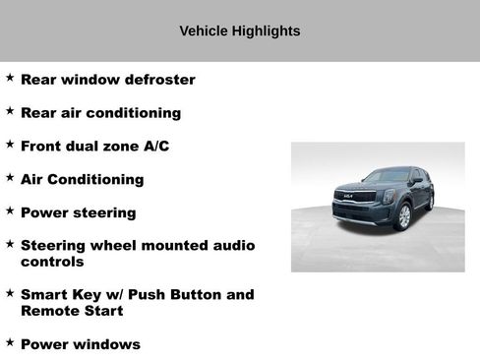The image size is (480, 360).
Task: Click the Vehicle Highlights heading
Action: [239, 30]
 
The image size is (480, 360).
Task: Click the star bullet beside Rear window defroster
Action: [10, 78]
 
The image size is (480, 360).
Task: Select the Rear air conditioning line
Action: [100, 113]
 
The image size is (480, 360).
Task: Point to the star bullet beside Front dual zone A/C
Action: [10, 144]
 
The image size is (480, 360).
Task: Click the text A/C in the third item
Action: [156, 146]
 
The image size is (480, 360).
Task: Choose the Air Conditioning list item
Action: [82, 179]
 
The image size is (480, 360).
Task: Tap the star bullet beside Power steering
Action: [10, 210]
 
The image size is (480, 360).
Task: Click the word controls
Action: [52, 262]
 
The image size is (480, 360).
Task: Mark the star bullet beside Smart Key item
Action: [10, 292]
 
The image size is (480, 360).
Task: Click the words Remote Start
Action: [72, 311]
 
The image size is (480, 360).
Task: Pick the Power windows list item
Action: [80, 344]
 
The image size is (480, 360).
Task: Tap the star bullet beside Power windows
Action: [10, 342]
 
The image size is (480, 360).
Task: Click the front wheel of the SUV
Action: [402, 216]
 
